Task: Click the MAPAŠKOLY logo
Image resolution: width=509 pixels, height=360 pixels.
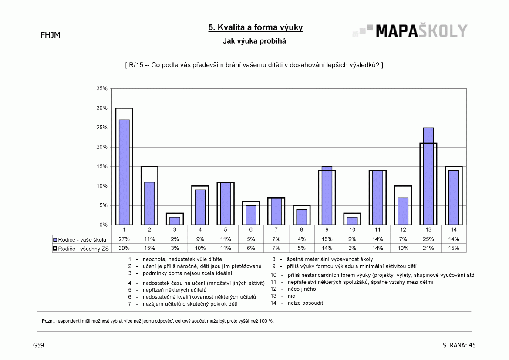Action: (x=410, y=30)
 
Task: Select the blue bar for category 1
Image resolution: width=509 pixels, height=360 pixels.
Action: (x=124, y=172)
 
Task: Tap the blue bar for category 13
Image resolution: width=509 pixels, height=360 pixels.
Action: (x=428, y=176)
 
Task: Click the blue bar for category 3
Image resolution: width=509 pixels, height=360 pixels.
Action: (x=175, y=221)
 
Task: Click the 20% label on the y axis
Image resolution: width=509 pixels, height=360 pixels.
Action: (x=101, y=147)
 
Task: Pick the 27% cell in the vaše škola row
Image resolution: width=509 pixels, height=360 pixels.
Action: (x=124, y=239)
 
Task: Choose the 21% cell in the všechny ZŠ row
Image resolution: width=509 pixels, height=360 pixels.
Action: (x=428, y=248)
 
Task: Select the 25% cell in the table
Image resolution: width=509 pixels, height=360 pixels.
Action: (x=428, y=239)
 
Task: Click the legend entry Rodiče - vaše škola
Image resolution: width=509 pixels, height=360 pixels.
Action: (x=80, y=239)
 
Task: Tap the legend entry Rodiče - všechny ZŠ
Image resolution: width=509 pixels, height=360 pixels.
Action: (x=81, y=249)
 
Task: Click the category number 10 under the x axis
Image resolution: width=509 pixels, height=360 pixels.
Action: (x=352, y=229)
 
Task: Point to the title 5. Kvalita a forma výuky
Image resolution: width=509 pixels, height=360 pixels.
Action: (x=256, y=27)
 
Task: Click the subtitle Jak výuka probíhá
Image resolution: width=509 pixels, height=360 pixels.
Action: (x=254, y=41)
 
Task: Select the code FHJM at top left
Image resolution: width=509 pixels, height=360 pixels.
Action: (x=51, y=35)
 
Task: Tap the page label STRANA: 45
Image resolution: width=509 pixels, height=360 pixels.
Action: (x=459, y=345)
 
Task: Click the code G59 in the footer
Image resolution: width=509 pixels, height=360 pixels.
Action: (x=38, y=345)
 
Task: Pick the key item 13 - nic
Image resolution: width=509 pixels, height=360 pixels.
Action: (x=283, y=296)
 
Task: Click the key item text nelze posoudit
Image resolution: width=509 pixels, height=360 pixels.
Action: (x=306, y=303)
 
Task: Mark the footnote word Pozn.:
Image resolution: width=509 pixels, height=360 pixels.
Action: (x=48, y=321)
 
